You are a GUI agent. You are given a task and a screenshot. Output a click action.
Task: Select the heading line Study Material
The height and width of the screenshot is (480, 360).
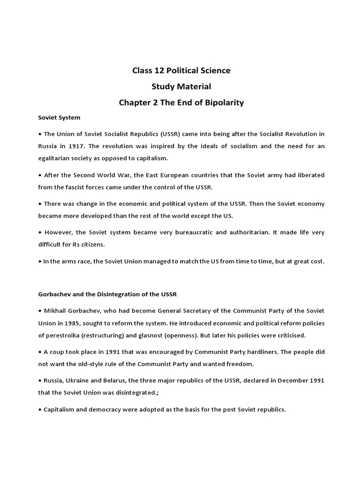tap(180, 87)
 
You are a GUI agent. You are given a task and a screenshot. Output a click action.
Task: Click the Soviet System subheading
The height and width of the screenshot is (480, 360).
tap(59, 118)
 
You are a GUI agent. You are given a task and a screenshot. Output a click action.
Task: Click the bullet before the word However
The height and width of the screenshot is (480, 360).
tap(40, 232)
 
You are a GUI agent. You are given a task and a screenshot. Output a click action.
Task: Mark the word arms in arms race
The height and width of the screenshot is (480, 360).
tap(68, 261)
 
